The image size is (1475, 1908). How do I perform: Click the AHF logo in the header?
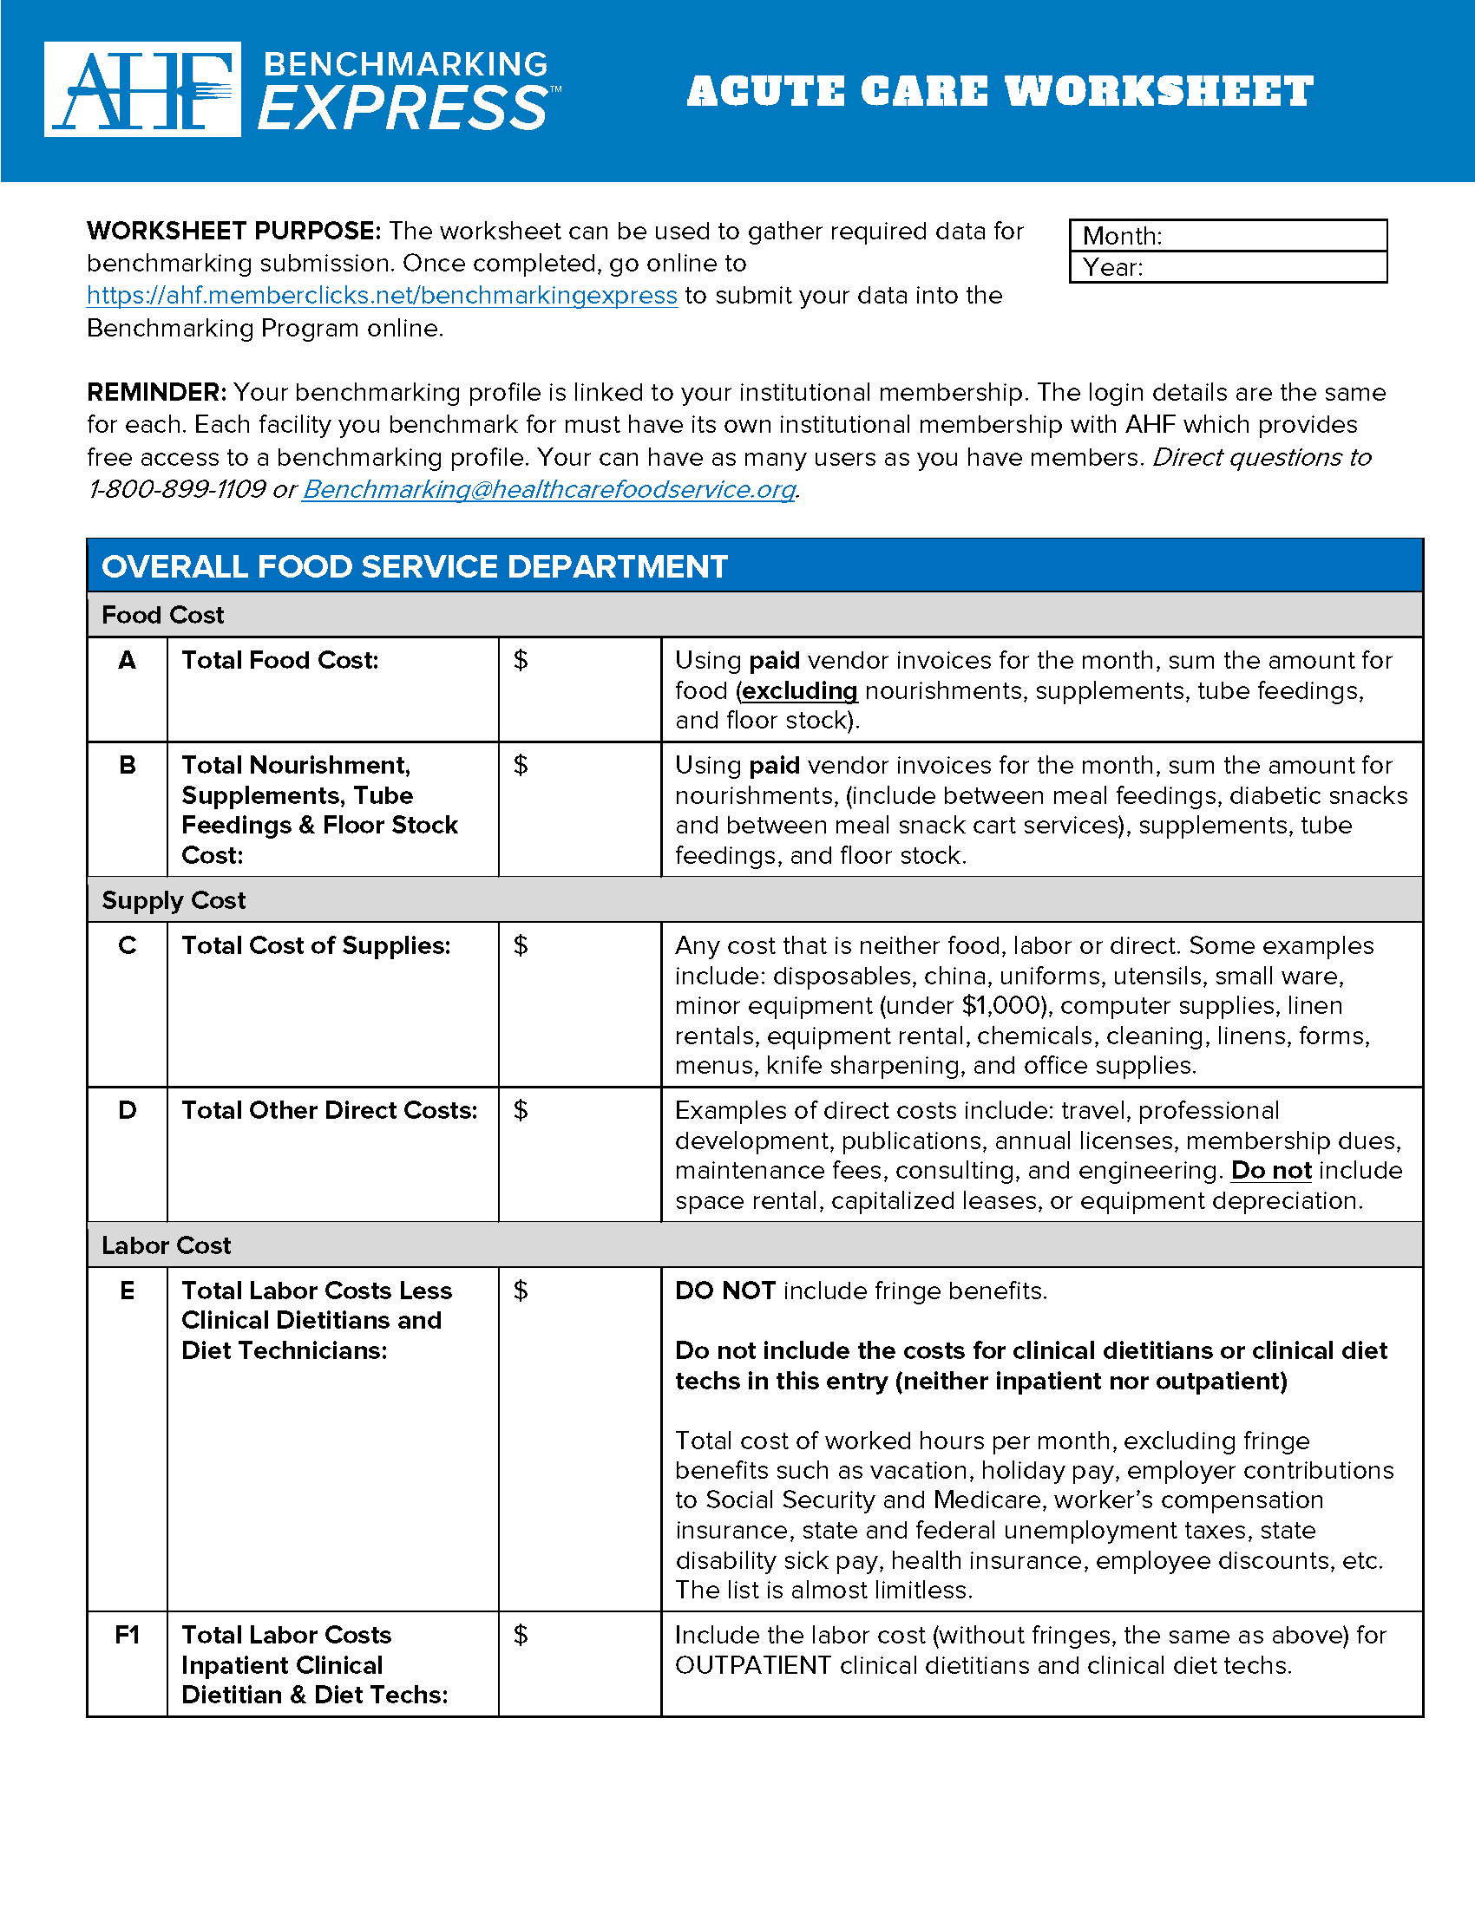coord(142,89)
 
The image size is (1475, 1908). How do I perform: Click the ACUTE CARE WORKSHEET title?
coord(1000,92)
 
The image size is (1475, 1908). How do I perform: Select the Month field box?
coord(1228,236)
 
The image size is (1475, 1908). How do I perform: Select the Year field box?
coord(1228,267)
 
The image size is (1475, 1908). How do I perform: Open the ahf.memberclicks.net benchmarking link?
coord(382,296)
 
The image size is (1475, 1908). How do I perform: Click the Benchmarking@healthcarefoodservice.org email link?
coord(548,489)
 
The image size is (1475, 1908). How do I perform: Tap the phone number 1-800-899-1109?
coord(176,489)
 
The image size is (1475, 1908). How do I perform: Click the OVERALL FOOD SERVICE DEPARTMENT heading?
coord(414,567)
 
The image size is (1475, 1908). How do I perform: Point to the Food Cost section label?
coord(162,615)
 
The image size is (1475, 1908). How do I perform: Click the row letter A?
coord(128,661)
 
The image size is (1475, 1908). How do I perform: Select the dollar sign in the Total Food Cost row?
coord(521,661)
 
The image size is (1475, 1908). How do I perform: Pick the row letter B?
coord(128,765)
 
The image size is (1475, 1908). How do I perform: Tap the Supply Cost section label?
coord(174,901)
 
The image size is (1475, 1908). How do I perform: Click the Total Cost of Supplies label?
coord(316,946)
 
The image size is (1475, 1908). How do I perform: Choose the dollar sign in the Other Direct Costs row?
coord(521,1110)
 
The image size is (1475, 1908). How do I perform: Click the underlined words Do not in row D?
coord(1270,1171)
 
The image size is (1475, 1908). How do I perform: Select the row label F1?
coord(128,1635)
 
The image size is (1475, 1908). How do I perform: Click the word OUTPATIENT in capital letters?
coord(753,1665)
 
